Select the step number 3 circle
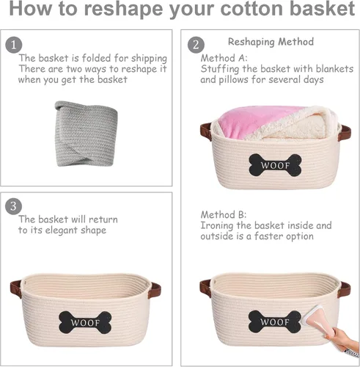click(x=14, y=206)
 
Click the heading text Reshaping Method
click(x=271, y=42)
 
